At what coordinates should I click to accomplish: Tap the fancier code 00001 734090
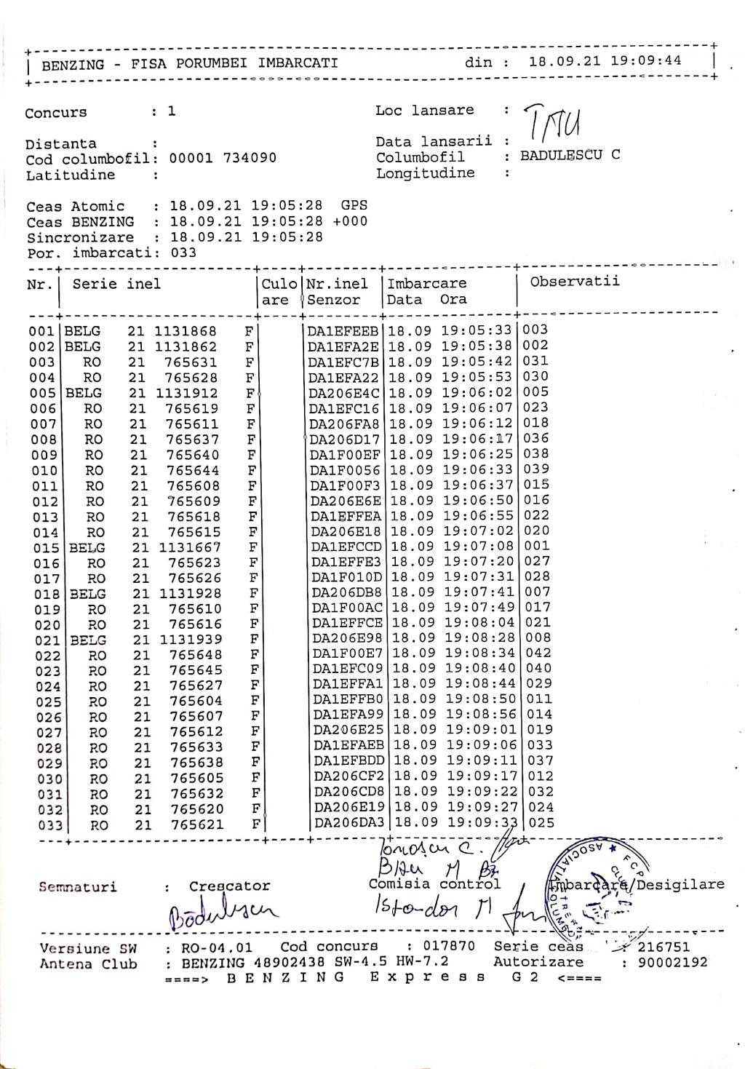coord(223,158)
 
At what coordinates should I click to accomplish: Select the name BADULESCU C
coord(570,155)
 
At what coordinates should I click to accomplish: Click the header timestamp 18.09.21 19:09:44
coord(605,60)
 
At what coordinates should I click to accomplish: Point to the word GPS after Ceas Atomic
coord(354,206)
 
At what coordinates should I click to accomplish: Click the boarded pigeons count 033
coord(183,253)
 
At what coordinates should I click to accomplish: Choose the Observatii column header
coord(575,282)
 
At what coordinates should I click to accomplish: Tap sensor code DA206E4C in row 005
coord(343,393)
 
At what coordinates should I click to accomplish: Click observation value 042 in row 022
coord(538,653)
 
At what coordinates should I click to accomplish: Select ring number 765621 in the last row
coord(197,824)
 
